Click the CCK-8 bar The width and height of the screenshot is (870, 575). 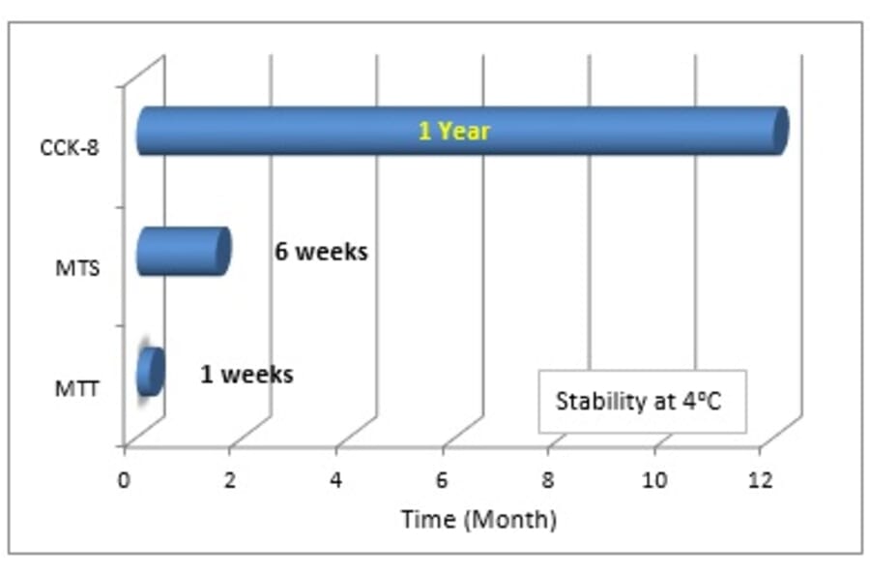click(x=462, y=131)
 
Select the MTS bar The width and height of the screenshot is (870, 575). click(x=184, y=251)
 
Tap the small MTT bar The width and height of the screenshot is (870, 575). click(x=151, y=372)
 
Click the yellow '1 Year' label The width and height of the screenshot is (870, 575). click(x=454, y=131)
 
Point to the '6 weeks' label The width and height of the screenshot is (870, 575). click(x=321, y=252)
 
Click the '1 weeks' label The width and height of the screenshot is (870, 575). click(x=246, y=375)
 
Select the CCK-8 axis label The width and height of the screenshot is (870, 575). click(x=70, y=148)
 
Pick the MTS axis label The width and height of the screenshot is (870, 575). click(x=77, y=268)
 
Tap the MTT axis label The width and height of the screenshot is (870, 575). click(x=77, y=389)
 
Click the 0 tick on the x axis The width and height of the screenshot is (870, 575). click(x=124, y=480)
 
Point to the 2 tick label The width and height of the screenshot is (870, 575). click(x=230, y=480)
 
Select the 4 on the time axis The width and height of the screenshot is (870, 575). click(x=335, y=480)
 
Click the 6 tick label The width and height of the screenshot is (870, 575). click(x=442, y=480)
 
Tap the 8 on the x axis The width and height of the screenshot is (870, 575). click(x=548, y=480)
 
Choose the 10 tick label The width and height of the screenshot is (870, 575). click(x=654, y=480)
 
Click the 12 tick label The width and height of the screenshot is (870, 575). click(x=760, y=480)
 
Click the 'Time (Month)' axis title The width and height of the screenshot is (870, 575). click(x=478, y=520)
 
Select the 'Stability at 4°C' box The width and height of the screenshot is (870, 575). click(x=642, y=401)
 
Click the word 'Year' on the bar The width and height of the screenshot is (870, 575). click(x=464, y=131)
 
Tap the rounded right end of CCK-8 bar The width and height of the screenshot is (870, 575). click(x=781, y=131)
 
